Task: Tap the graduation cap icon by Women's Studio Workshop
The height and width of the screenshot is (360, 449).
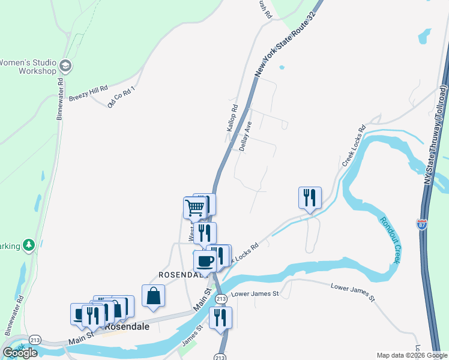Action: (x=65, y=66)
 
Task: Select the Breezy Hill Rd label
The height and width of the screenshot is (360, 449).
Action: (x=88, y=93)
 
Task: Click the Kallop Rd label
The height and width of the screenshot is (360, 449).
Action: (x=232, y=118)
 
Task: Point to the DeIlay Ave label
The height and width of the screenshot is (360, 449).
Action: (x=245, y=136)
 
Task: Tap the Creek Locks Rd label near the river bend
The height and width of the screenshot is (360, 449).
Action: (x=354, y=146)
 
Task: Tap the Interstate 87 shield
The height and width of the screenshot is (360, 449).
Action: (x=423, y=225)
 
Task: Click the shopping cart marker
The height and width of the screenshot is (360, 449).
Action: (x=195, y=208)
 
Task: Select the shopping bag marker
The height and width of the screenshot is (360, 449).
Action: (x=154, y=295)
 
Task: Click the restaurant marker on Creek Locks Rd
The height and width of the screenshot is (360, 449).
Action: (x=310, y=197)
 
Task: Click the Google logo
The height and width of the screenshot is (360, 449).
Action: (x=20, y=353)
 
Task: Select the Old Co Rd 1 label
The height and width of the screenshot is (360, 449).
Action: (x=122, y=97)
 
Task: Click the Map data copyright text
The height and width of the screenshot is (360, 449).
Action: (x=412, y=355)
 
